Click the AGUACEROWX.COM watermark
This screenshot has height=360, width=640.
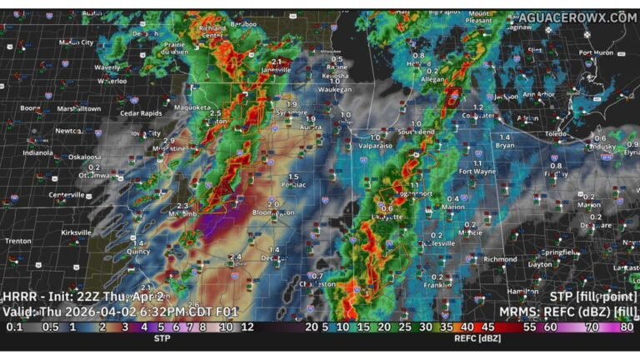coord(577,17)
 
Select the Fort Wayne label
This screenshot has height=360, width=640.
coord(478,172)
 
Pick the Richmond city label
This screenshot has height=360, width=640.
coord(499,259)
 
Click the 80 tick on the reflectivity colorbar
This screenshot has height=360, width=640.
coord(626,328)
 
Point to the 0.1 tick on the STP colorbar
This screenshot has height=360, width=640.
coord(14,328)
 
